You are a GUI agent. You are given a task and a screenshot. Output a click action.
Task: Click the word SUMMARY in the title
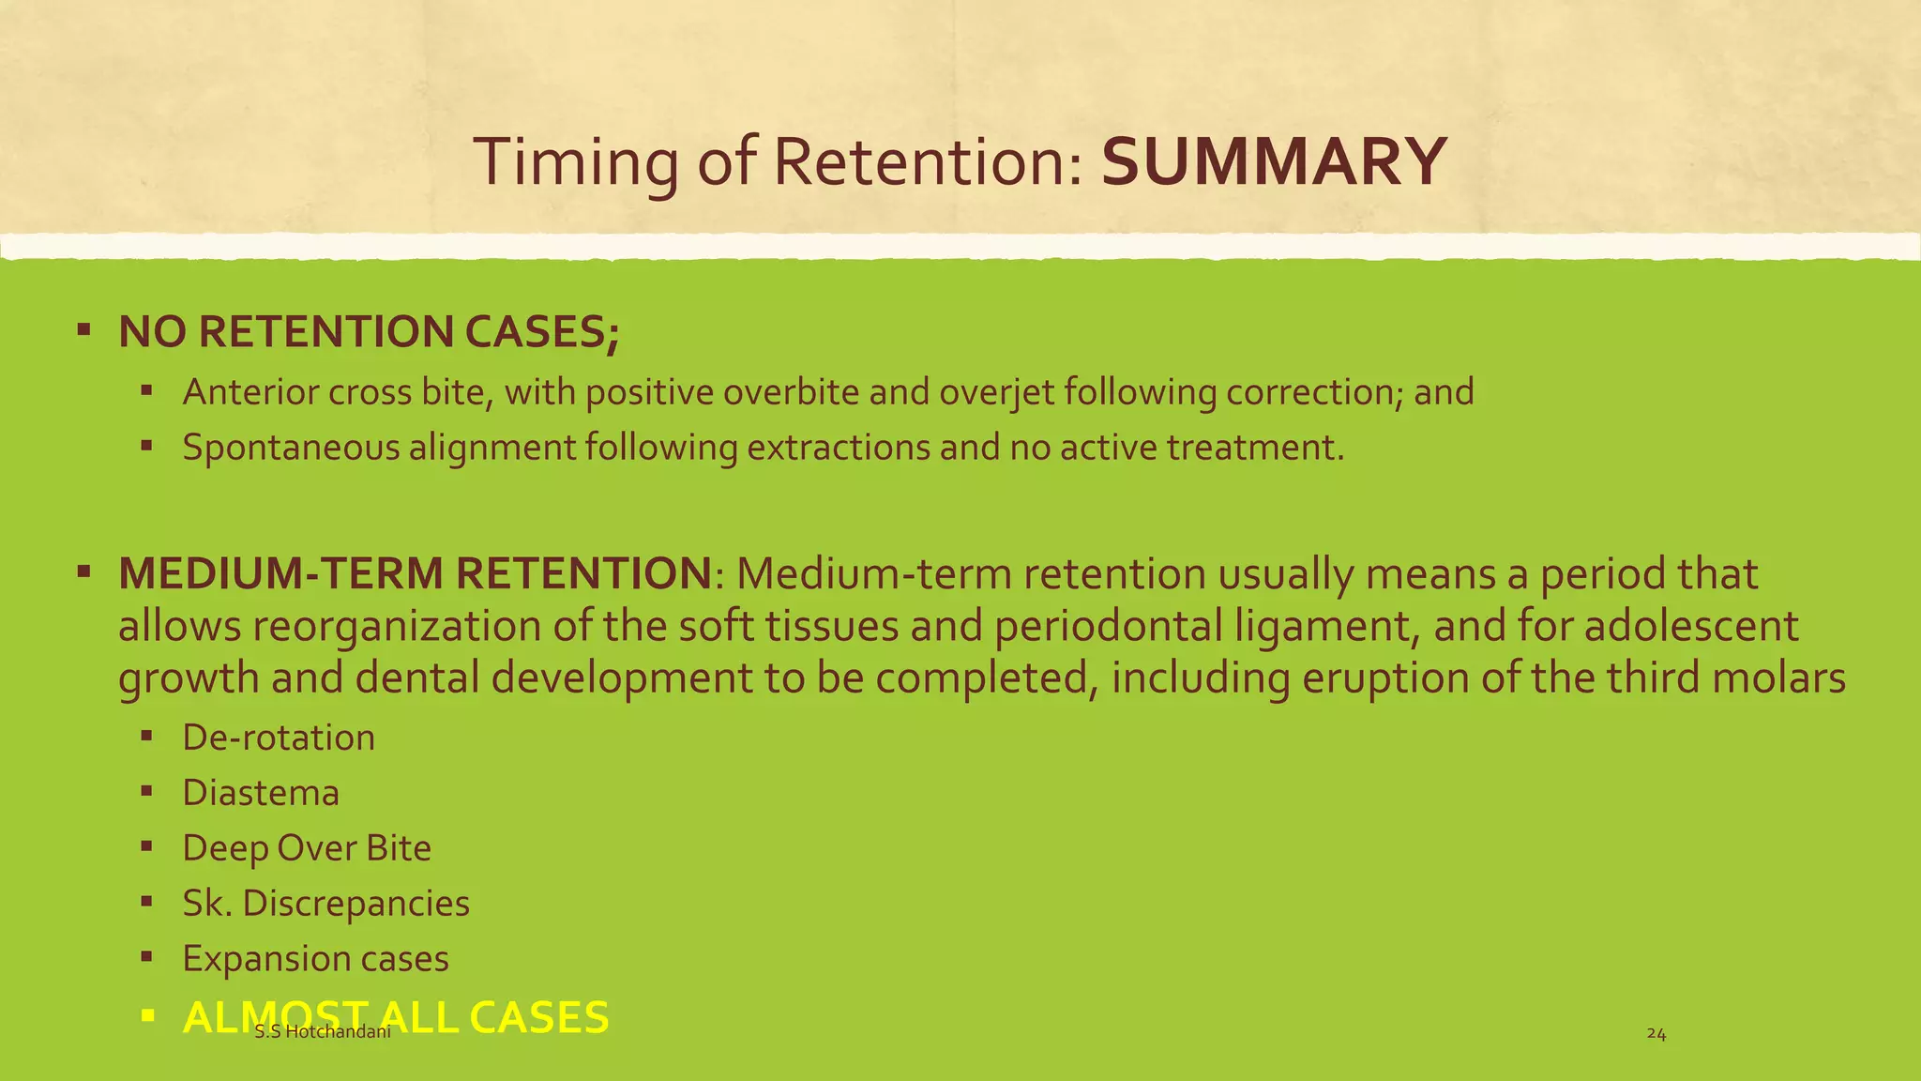[1273, 161]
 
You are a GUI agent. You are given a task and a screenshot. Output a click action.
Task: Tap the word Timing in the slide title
[575, 161]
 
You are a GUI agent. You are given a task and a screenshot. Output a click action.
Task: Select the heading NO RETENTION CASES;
[369, 332]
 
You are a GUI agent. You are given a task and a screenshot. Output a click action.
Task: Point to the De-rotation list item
[279, 738]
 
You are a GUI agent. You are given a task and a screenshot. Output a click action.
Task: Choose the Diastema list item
[261, 793]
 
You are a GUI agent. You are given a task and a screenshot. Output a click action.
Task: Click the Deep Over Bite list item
[307, 848]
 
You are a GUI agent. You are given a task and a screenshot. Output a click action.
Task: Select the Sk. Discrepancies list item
[325, 904]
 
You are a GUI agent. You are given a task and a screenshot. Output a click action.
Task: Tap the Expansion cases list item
[315, 959]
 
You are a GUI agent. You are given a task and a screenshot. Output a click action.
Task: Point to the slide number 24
[1656, 1034]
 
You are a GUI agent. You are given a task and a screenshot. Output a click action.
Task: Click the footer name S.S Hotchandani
[323, 1033]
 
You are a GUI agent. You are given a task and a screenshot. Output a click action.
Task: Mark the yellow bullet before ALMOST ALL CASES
[146, 1015]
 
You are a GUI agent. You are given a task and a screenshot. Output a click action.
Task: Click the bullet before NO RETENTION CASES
[84, 329]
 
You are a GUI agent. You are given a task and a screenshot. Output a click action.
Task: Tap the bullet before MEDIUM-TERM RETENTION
[84, 571]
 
